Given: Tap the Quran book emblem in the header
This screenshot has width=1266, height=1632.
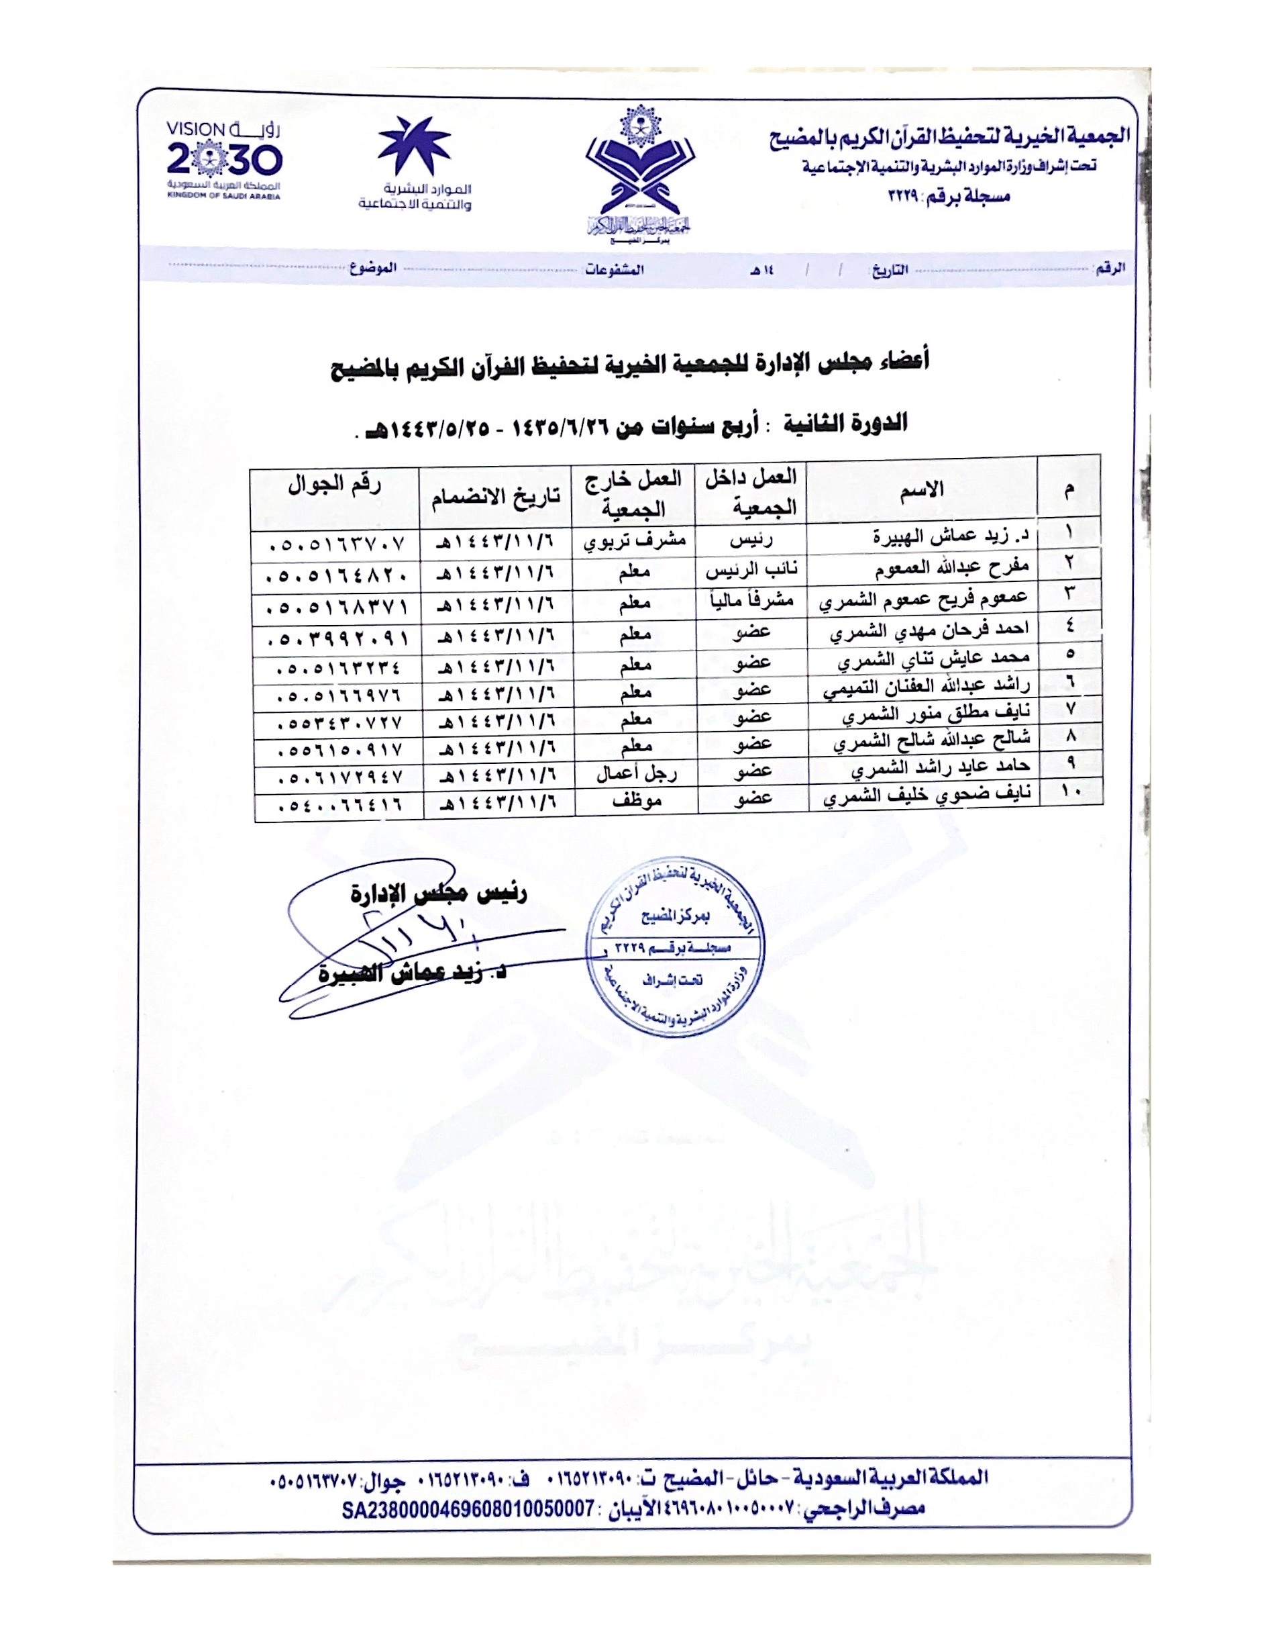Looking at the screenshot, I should (640, 173).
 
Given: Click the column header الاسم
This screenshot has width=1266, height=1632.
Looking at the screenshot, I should (923, 489).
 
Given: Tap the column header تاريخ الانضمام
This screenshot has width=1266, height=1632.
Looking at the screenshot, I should (495, 496).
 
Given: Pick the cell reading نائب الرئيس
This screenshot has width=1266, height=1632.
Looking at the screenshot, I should (752, 569).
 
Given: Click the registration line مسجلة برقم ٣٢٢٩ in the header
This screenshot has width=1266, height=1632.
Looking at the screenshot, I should (949, 197).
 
